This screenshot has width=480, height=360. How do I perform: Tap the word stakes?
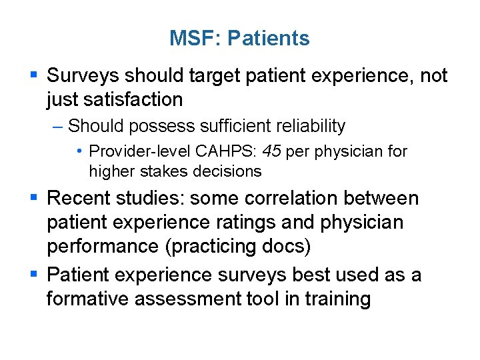[165, 171]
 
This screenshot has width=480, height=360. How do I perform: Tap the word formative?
[88, 299]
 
